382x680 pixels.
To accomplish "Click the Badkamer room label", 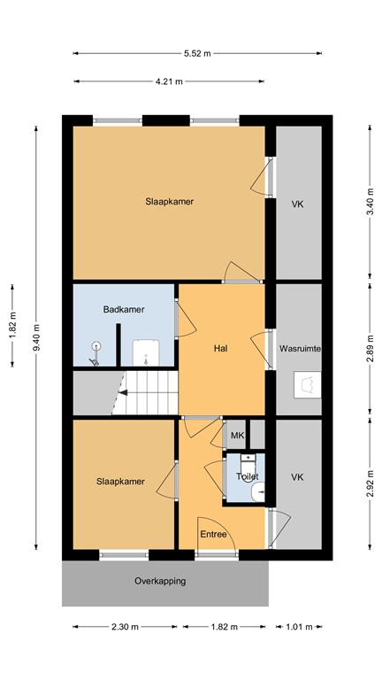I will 124,309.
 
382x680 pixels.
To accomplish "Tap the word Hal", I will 221,349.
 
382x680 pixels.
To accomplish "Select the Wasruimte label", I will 298,349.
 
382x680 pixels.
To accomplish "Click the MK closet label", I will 237,435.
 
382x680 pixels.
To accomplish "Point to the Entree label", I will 213,534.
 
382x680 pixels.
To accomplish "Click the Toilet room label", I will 247,476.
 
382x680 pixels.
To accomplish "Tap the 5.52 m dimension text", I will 198,53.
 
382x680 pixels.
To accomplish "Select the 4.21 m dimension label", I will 168,81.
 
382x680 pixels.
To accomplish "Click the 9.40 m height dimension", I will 36,336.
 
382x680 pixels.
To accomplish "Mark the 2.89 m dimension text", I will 369,348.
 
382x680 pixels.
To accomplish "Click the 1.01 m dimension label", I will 298,627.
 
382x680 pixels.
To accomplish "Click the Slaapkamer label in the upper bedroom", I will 170,201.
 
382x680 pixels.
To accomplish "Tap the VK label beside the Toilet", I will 298,477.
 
